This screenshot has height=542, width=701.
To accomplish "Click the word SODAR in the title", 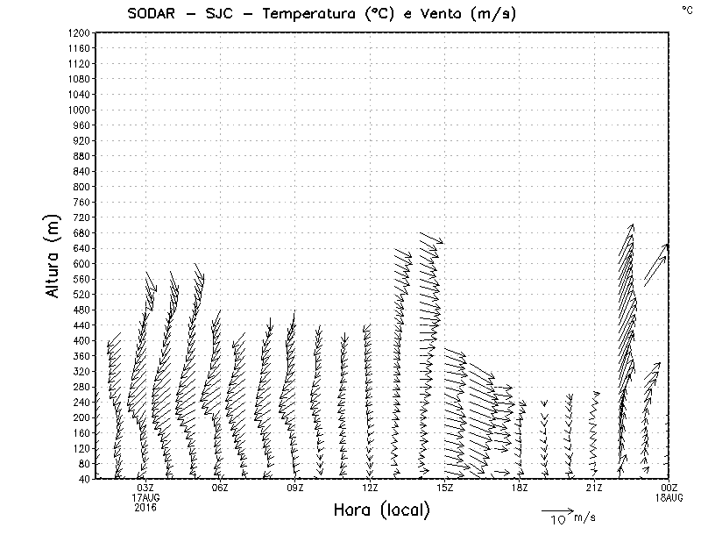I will (152, 13).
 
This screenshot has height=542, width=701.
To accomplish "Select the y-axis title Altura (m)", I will (54, 254).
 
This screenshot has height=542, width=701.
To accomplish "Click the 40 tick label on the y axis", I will (84, 479).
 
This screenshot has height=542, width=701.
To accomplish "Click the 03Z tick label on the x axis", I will (145, 488).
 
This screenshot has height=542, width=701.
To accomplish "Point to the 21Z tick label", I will (594, 488).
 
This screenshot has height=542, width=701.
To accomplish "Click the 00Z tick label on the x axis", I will (669, 488).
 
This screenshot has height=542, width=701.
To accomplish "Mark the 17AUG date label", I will (145, 497).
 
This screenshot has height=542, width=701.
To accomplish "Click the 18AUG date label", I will (669, 497).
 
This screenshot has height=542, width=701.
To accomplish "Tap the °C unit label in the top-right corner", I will (687, 10).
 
